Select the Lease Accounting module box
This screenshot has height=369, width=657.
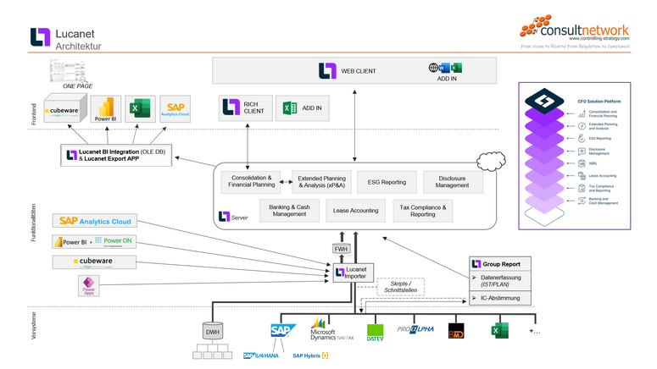(356, 210)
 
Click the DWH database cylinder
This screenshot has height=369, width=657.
(214, 330)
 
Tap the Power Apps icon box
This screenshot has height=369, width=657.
(87, 285)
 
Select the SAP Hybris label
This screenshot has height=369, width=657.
(310, 355)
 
